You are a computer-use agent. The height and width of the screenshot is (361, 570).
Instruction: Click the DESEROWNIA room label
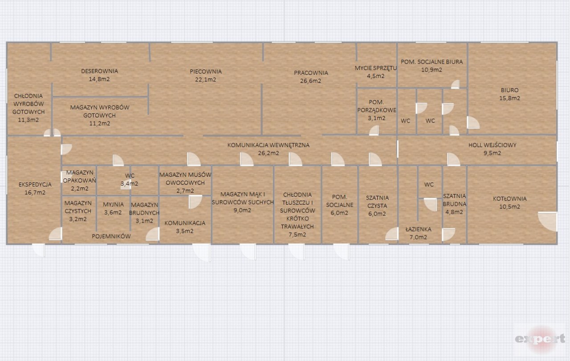99,71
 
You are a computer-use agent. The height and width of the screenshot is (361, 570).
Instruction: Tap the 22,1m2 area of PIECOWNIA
206,79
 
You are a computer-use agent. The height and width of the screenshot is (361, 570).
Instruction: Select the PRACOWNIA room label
311,73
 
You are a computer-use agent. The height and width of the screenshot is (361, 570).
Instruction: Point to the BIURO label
510,90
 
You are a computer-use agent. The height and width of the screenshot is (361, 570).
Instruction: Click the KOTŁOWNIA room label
510,199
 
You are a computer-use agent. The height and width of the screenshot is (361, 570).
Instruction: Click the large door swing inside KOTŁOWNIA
548,221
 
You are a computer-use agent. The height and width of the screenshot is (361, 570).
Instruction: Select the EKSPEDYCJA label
35,184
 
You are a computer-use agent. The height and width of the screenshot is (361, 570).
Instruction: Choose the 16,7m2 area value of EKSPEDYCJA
35,193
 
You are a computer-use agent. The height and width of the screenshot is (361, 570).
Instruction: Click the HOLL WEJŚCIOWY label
493,145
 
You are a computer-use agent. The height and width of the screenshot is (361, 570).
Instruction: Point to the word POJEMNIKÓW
111,236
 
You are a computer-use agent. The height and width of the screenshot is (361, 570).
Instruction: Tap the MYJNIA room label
113,205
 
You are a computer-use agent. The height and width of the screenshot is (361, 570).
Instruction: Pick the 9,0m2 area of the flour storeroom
242,211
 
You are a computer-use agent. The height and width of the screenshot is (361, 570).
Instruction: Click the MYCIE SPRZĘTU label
376,68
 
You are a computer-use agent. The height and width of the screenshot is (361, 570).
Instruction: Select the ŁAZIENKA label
418,229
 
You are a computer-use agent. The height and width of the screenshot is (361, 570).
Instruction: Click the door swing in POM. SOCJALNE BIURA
455,84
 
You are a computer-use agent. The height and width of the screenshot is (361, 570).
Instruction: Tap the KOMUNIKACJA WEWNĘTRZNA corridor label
269,145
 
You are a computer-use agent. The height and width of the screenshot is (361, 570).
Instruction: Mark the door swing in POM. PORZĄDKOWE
374,130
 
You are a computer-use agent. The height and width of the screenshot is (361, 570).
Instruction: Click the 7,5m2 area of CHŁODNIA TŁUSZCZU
297,235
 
